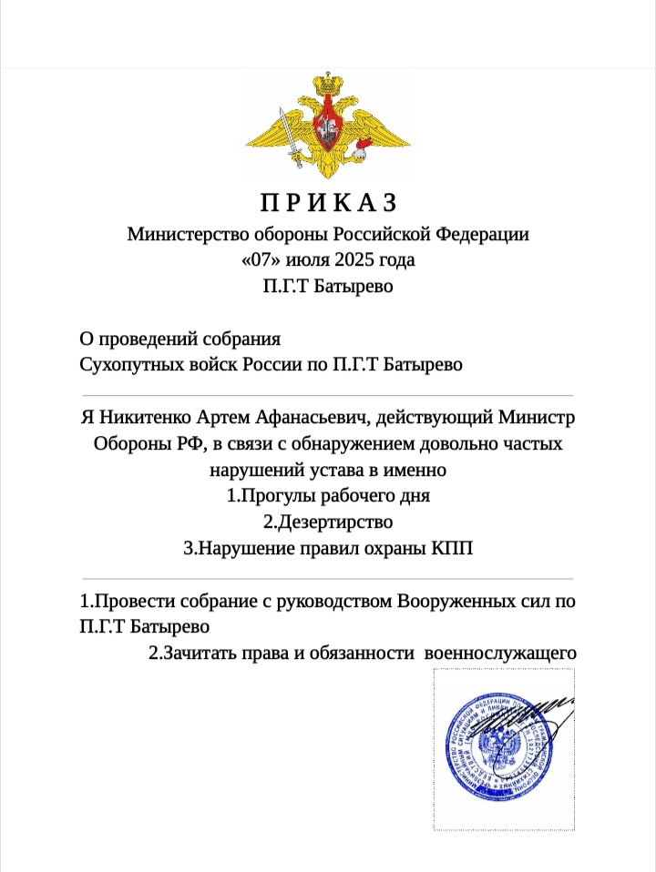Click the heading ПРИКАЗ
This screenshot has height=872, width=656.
[x=328, y=201]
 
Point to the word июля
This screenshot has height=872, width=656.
[x=308, y=259]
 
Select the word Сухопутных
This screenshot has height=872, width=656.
[x=131, y=365]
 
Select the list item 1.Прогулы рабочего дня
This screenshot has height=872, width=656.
[x=328, y=497]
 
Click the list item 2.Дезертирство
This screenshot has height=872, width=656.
[x=328, y=522]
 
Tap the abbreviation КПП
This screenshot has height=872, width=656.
[x=453, y=549]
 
